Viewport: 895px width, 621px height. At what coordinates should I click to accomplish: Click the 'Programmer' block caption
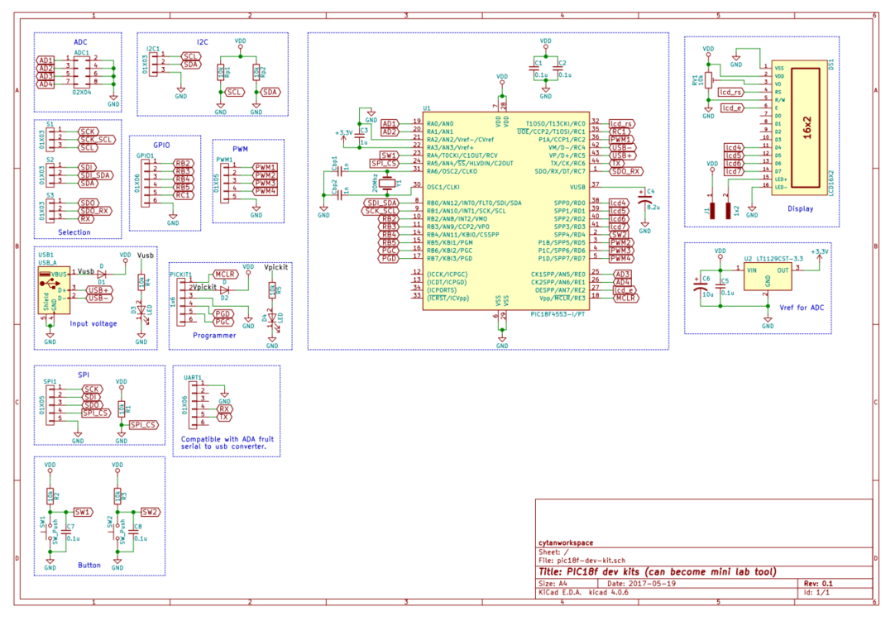(214, 335)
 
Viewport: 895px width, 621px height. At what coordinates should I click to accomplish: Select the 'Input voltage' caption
(93, 323)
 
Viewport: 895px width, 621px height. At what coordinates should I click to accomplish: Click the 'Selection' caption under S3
(74, 232)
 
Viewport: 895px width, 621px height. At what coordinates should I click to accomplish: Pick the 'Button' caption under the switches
(89, 566)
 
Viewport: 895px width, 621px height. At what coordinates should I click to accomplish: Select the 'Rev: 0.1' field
(819, 583)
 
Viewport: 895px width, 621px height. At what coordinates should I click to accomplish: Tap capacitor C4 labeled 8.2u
(644, 200)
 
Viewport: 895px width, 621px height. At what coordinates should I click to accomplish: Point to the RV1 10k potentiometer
(708, 80)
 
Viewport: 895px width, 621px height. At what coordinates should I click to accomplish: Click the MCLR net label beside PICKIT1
(226, 274)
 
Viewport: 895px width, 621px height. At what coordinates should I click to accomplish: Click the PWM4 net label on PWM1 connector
(266, 191)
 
